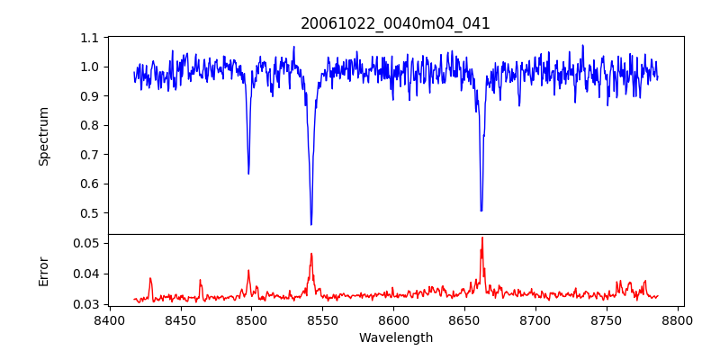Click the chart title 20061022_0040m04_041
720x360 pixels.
395,23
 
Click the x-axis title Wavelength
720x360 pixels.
395,338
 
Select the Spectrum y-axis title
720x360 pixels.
44,136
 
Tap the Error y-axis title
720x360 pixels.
44,271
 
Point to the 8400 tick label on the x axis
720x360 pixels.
110,320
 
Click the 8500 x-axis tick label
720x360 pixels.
252,320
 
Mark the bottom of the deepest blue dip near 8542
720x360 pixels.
311,224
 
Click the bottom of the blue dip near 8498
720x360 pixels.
248,173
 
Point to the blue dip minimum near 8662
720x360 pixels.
481,211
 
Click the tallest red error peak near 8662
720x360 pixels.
482,238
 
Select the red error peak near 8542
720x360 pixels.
311,254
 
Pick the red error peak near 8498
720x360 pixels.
248,270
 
